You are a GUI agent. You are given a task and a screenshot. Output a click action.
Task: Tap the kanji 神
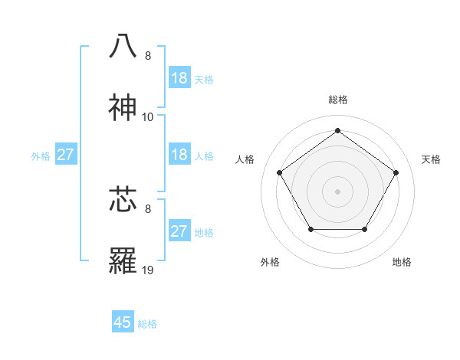[123, 108]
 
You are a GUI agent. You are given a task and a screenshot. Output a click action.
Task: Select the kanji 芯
[123, 199]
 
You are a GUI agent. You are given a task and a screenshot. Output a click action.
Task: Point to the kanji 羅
[123, 262]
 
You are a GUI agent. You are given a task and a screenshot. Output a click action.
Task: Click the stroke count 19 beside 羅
[148, 270]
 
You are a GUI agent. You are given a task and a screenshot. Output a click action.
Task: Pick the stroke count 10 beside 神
[148, 117]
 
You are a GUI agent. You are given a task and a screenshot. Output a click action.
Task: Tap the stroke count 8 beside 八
[148, 55]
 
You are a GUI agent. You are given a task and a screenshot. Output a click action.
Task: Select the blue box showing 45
[123, 322]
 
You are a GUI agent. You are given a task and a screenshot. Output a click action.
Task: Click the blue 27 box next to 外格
[66, 155]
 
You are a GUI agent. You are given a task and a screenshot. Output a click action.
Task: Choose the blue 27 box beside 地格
[179, 231]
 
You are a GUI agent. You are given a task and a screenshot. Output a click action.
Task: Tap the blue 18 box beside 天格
[179, 78]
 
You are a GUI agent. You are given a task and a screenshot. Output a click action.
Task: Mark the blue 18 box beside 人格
[179, 155]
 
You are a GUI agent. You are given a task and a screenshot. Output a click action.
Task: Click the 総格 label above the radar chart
[337, 100]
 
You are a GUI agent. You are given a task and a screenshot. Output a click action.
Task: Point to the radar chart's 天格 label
[431, 159]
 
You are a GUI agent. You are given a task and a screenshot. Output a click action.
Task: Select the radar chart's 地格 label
[402, 262]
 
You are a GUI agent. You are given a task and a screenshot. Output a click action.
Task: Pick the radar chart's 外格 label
[270, 262]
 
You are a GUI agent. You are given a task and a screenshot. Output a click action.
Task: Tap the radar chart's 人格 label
[245, 159]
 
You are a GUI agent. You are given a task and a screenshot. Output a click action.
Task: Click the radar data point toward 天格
[396, 172]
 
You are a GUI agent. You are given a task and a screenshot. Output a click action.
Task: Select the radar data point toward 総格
[337, 130]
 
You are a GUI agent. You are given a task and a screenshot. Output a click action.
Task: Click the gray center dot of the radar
[337, 191]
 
